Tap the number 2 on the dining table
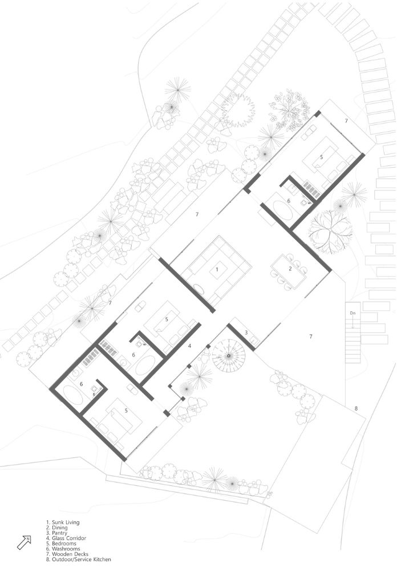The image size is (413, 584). coord(290,268)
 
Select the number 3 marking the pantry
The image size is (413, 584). coord(246,332)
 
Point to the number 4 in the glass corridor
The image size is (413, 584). coord(189,346)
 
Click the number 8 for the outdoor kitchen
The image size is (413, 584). coord(356,408)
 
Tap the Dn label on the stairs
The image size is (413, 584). coord(353,313)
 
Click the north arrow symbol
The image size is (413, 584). coord(24,542)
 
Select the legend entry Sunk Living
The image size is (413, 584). coord(63,522)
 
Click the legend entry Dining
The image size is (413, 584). coord(57,528)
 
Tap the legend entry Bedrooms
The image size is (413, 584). coord(61,544)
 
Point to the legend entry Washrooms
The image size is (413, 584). coord(63,549)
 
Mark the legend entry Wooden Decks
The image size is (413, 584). coord(67,554)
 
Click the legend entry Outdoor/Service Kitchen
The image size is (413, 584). coord(79,559)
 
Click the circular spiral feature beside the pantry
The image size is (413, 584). coord(229,356)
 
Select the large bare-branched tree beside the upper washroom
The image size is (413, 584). coord(330,231)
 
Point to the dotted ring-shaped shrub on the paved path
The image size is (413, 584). coord(238,110)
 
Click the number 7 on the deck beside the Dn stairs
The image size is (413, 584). coord(311,336)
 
